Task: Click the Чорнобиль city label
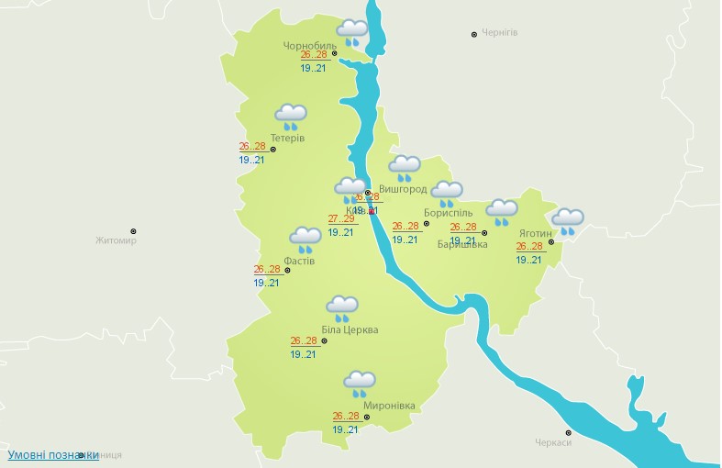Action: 310,44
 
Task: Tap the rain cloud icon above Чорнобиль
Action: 351,32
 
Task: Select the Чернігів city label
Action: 500,32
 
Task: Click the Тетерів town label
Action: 288,139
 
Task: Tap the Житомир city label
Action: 116,241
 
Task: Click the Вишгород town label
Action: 403,189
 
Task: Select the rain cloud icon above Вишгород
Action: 404,168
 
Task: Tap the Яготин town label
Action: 535,233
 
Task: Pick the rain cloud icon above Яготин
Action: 568,221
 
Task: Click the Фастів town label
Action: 299,261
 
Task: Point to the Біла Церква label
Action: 350,330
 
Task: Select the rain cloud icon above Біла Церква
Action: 342,307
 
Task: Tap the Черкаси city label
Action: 553,442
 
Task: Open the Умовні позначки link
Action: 52,454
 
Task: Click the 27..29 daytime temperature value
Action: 341,218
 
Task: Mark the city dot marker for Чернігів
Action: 474,34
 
